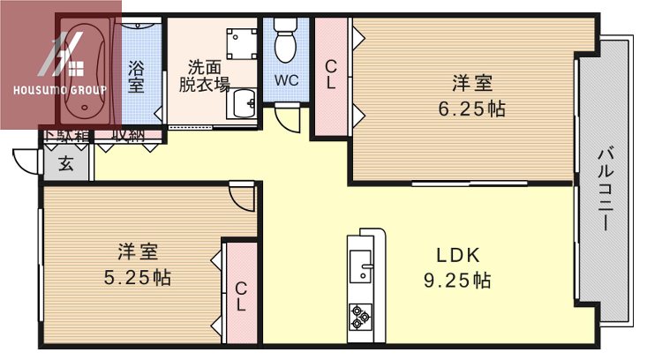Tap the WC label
point(286,79)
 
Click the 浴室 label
point(136,76)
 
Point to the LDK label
point(457,256)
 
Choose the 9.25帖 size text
point(455,281)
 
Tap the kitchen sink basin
point(360,265)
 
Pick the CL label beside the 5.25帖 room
point(241,296)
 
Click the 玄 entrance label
point(66,162)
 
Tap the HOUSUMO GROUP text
point(60,90)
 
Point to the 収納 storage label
point(128,135)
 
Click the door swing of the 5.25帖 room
point(241,196)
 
